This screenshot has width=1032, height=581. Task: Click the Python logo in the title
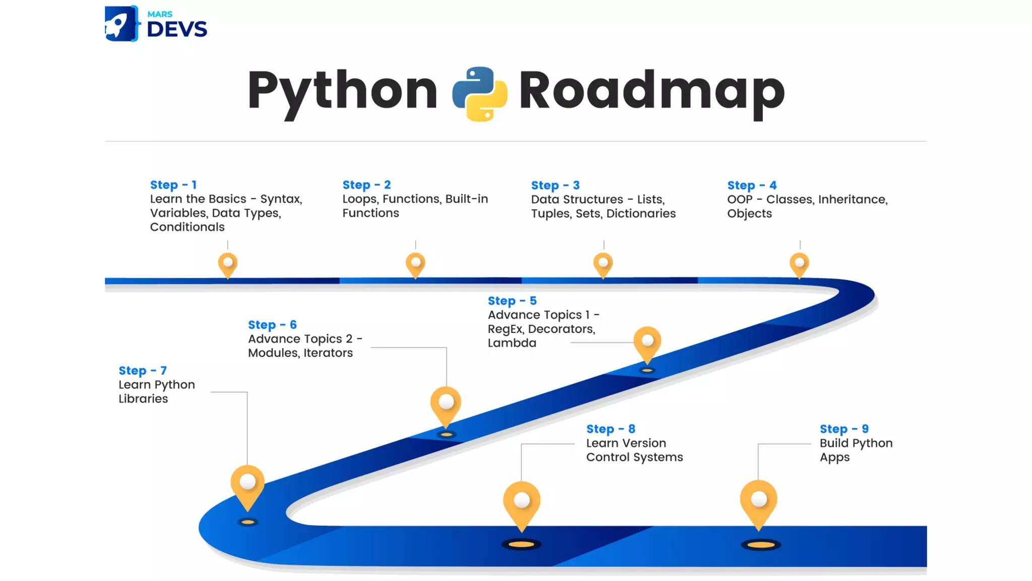coord(480,94)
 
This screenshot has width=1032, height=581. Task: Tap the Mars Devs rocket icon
coord(121,24)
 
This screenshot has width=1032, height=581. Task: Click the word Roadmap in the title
coord(652,91)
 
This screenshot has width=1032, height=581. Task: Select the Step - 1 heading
coord(173,185)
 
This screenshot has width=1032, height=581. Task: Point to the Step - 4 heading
coord(752,186)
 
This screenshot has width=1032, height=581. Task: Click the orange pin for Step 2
coord(415,264)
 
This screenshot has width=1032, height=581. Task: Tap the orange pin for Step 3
coord(603,264)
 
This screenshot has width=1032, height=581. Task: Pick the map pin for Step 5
coord(648,342)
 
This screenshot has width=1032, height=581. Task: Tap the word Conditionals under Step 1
coord(187,227)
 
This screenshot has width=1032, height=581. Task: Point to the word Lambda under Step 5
coord(512,343)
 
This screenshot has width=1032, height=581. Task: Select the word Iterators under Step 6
coord(328,353)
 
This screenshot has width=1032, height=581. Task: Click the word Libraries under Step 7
coord(144,399)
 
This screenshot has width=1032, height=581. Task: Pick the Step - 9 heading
coord(844,429)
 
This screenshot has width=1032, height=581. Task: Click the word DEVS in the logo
coord(177,30)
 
